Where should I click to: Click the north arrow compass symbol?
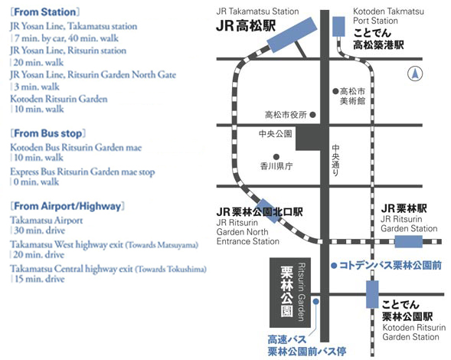point(415,74)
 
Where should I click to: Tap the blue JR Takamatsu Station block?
point(292,34)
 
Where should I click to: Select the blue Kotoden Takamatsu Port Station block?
point(338,27)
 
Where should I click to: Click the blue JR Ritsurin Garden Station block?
point(408,241)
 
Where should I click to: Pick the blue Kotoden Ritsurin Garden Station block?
point(372,294)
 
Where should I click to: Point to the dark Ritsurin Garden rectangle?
point(290,293)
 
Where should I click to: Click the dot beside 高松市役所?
point(313,115)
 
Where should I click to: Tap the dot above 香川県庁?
point(276,157)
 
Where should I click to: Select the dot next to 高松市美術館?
point(335,91)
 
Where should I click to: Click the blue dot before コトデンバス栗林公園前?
point(334,265)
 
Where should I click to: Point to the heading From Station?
point(45,12)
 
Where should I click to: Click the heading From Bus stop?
point(48,133)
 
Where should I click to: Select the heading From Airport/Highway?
point(67,206)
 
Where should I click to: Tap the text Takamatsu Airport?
point(46,220)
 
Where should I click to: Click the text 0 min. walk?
point(36,182)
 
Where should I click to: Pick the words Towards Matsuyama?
point(162,245)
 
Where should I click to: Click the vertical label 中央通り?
point(335,160)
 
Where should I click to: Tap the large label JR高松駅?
point(246,26)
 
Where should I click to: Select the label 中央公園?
point(275,134)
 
